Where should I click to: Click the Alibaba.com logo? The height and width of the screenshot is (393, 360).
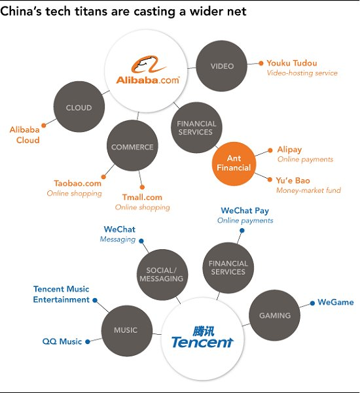pos(147,72)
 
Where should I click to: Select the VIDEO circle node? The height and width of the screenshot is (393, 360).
pos(222,66)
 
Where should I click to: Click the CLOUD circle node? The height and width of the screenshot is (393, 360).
pos(79,108)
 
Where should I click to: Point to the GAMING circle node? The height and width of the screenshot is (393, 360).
pos(274,315)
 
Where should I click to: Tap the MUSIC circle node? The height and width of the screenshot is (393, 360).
pos(126,330)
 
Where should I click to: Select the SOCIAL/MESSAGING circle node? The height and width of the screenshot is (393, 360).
pos(161,274)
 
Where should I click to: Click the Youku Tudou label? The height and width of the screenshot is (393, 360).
pos(292,63)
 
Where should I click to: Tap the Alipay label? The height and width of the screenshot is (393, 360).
pos(289,150)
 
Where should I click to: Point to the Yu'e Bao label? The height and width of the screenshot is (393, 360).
pos(293,180)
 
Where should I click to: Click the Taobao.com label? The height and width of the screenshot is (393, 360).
pos(77,184)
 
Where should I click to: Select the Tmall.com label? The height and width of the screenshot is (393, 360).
pos(142,197)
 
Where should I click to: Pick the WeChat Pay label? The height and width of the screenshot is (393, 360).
pos(245,211)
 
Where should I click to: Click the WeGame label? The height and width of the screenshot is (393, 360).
pos(335,303)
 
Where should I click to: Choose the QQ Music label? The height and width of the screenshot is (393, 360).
pos(62,341)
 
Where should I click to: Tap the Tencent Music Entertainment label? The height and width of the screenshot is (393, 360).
pos(61,294)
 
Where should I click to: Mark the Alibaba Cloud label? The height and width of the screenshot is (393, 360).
pos(24,135)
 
